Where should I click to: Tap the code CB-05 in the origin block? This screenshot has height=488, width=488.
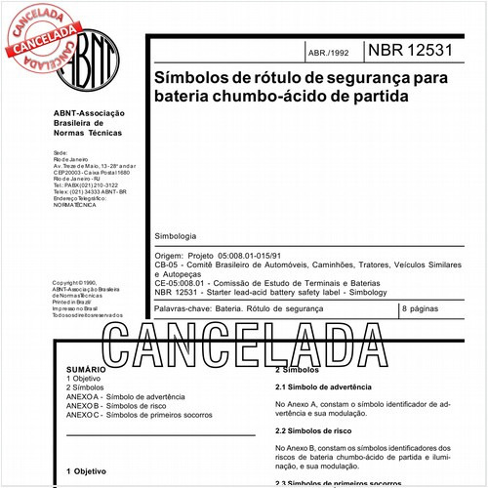168,264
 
